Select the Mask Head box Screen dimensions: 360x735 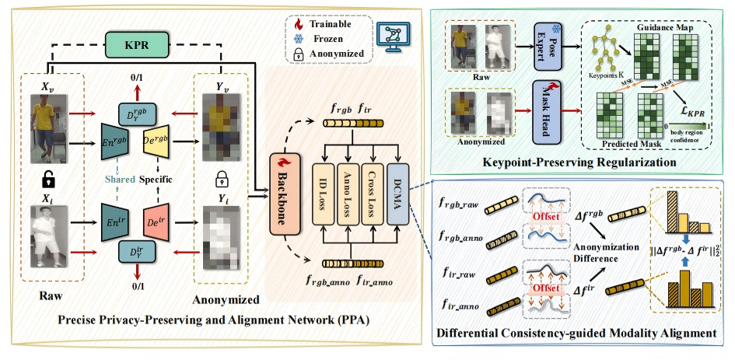[x=548, y=110]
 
